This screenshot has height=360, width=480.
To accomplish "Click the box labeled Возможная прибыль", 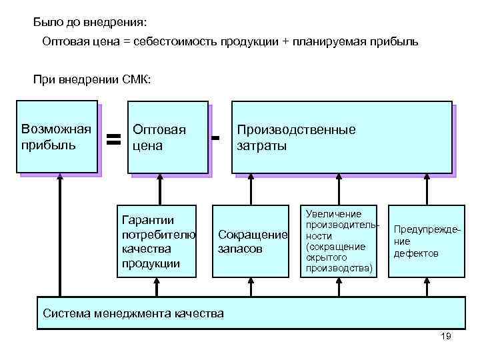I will click(58, 137).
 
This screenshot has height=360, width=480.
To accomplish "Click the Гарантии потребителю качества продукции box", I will click(157, 241).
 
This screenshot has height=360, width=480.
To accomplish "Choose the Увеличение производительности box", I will click(339, 241).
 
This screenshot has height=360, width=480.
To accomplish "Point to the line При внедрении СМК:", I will click(93, 81).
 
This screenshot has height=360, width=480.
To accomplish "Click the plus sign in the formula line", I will click(286, 42).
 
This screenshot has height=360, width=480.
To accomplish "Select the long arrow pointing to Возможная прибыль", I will click(60, 233).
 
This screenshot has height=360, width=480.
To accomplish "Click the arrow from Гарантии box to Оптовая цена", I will click(158, 189).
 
